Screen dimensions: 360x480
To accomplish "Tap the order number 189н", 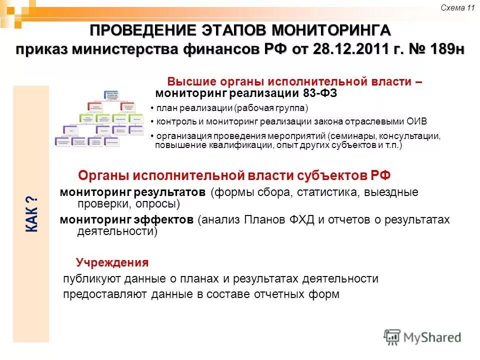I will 442,49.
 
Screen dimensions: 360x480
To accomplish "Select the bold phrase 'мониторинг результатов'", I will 132,192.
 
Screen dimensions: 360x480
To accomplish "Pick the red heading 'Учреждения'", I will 112,262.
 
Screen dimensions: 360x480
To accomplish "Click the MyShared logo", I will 422,337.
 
